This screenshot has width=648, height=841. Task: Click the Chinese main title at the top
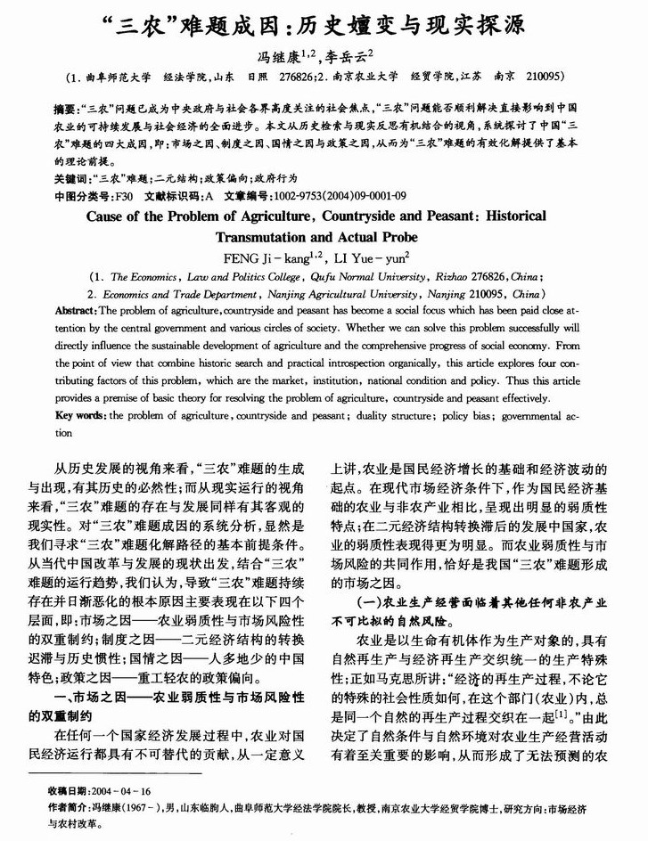[x=324, y=23]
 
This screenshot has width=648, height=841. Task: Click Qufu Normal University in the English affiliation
[x=357, y=277]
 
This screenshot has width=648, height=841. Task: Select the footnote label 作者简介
[x=70, y=808]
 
